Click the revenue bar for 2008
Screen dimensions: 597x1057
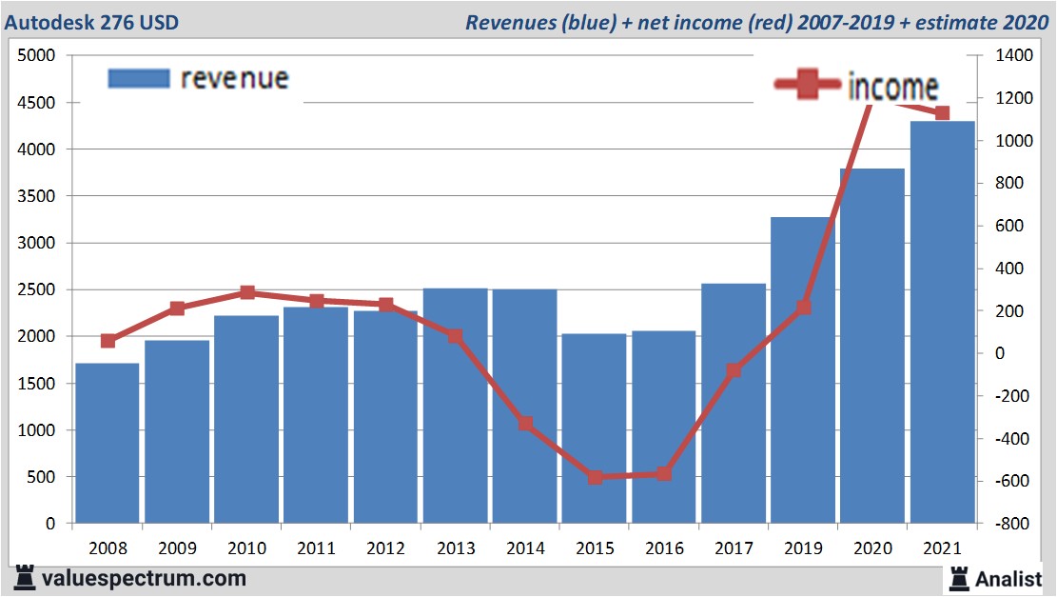coord(108,443)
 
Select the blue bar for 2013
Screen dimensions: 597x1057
coord(456,405)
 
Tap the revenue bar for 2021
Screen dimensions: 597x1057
coord(942,324)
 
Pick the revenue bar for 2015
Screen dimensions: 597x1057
coord(595,428)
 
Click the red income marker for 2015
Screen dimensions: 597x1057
coord(596,477)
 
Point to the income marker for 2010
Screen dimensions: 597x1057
coord(247,292)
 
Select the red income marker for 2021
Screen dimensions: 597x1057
coord(942,113)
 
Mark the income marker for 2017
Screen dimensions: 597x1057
coord(734,370)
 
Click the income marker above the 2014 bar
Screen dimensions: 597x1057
coord(525,424)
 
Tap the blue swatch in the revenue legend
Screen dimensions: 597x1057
coord(138,78)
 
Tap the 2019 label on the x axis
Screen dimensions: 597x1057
coord(803,548)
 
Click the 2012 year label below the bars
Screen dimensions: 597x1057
coord(385,548)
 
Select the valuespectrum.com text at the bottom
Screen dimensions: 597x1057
coord(144,578)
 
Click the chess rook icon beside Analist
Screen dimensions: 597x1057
coord(958,577)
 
